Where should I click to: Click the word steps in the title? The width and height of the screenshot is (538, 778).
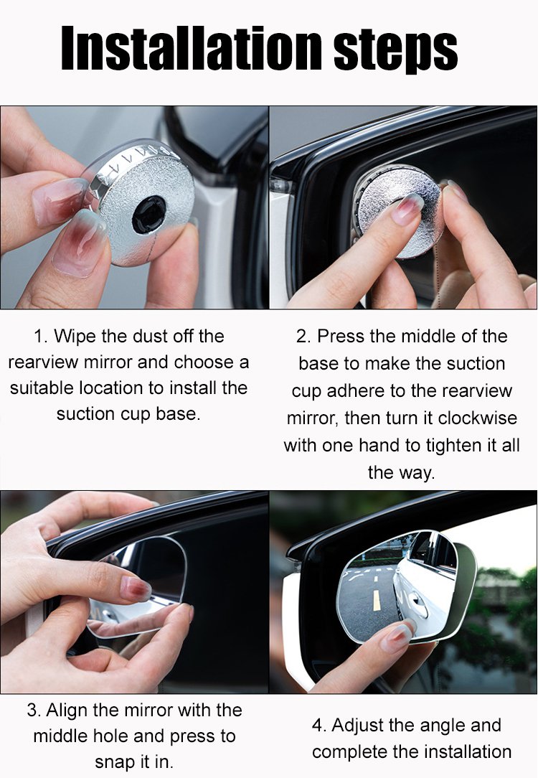[396, 50]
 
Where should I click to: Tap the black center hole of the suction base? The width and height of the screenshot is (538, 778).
[148, 215]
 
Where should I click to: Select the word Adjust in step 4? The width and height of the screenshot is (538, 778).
[357, 726]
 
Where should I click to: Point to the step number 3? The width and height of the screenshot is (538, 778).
[34, 710]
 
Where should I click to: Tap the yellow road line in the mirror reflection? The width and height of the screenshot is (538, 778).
[377, 601]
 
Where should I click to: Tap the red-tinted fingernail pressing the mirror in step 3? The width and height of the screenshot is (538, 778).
[136, 589]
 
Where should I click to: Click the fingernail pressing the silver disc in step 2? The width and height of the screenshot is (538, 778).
[407, 208]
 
